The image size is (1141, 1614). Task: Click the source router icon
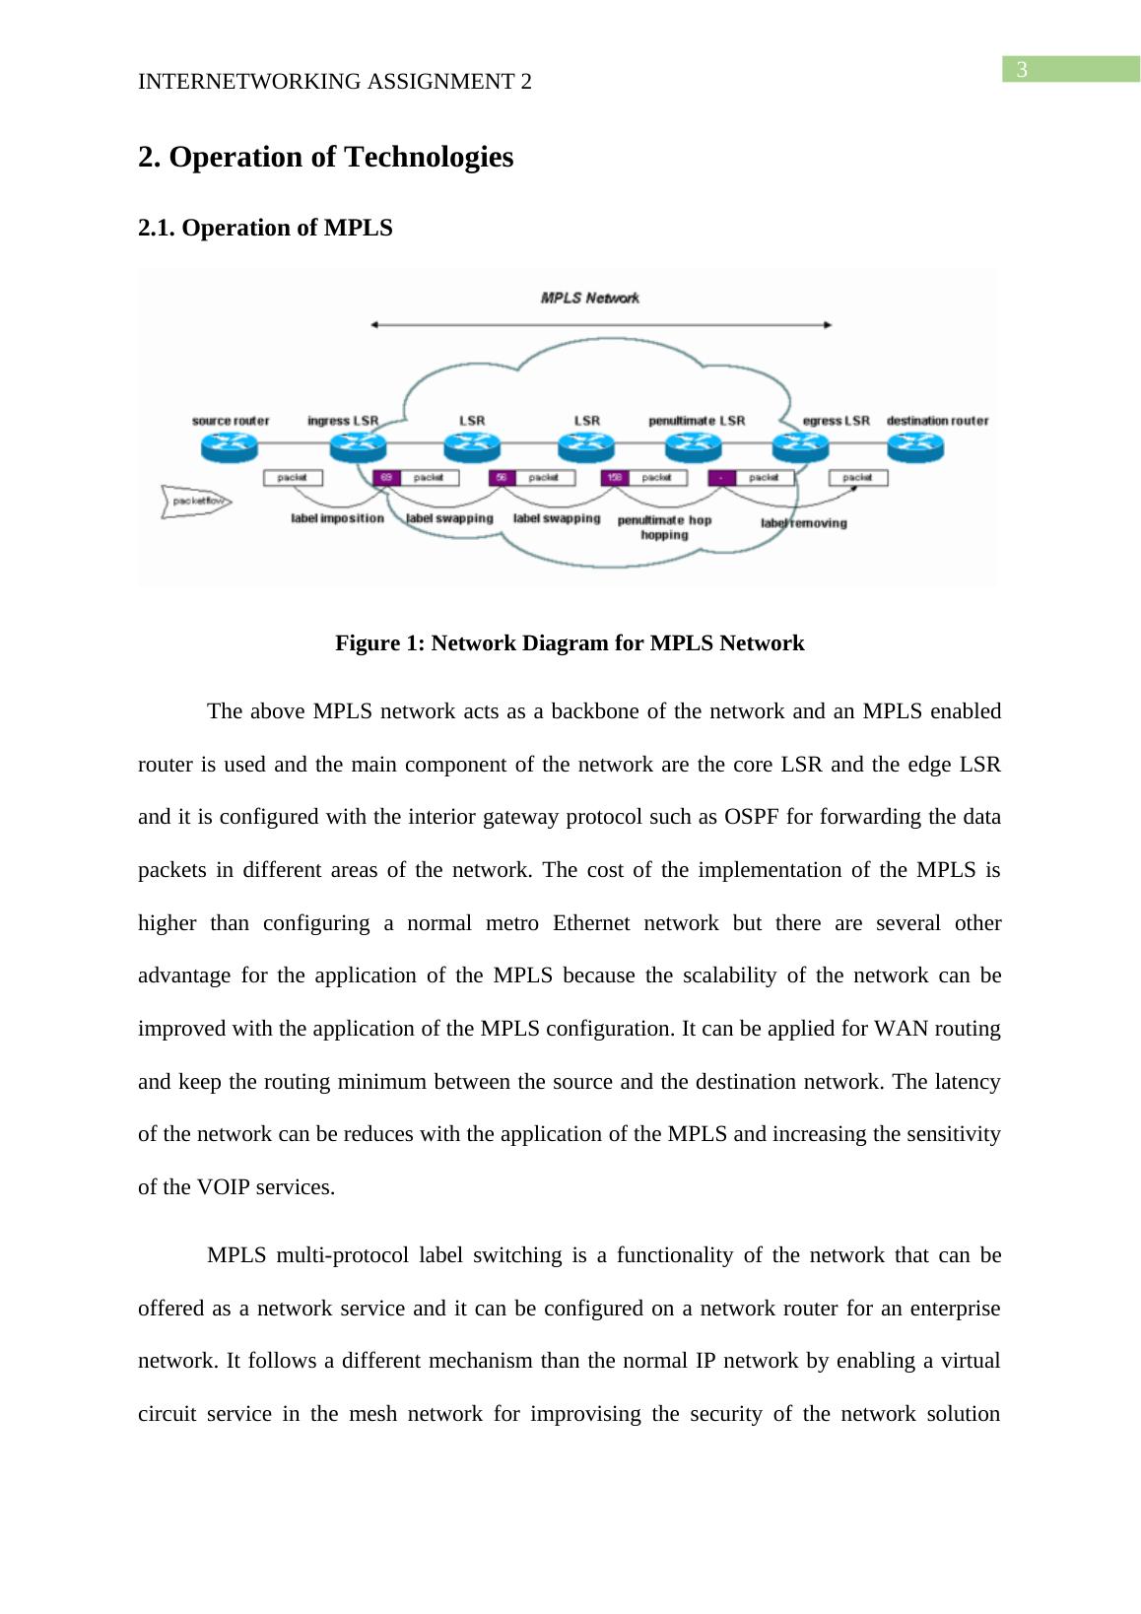229,447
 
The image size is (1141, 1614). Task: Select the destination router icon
915,447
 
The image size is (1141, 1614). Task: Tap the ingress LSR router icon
357,447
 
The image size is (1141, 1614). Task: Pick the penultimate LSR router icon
694,447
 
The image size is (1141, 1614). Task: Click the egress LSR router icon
800,447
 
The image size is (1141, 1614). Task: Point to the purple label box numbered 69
386,478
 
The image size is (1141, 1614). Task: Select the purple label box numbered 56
502,478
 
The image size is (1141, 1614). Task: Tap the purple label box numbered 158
615,478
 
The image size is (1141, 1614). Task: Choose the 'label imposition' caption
337,518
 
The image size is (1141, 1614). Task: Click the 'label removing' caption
803,523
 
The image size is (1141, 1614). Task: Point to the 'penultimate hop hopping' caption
664,527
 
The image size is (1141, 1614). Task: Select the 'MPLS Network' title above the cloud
590,298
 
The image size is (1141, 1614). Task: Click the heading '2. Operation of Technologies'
325,158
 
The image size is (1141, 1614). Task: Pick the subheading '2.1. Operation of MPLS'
265,229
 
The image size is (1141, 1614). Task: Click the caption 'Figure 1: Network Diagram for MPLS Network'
570,643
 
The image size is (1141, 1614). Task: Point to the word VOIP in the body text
222,1187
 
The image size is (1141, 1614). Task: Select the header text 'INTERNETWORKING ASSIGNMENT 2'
335,83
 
